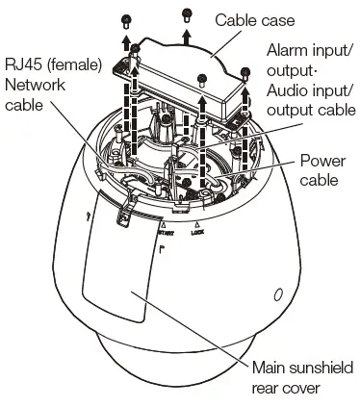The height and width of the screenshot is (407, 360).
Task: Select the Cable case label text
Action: tap(256, 19)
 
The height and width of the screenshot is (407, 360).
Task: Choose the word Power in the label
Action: tap(322, 161)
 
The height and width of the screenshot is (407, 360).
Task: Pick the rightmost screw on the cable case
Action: tap(248, 70)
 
